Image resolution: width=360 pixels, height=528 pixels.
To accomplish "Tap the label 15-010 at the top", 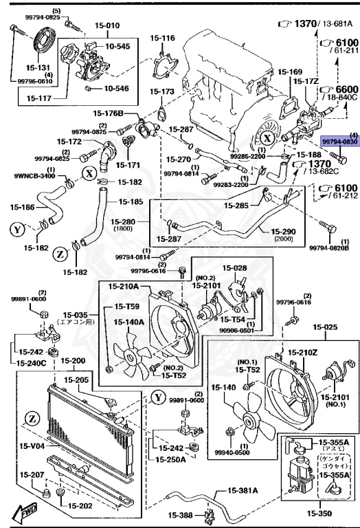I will (x=88, y=25).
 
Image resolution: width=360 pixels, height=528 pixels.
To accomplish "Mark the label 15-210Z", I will (x=302, y=352).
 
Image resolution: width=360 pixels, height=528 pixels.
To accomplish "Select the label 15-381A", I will (x=243, y=491).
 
